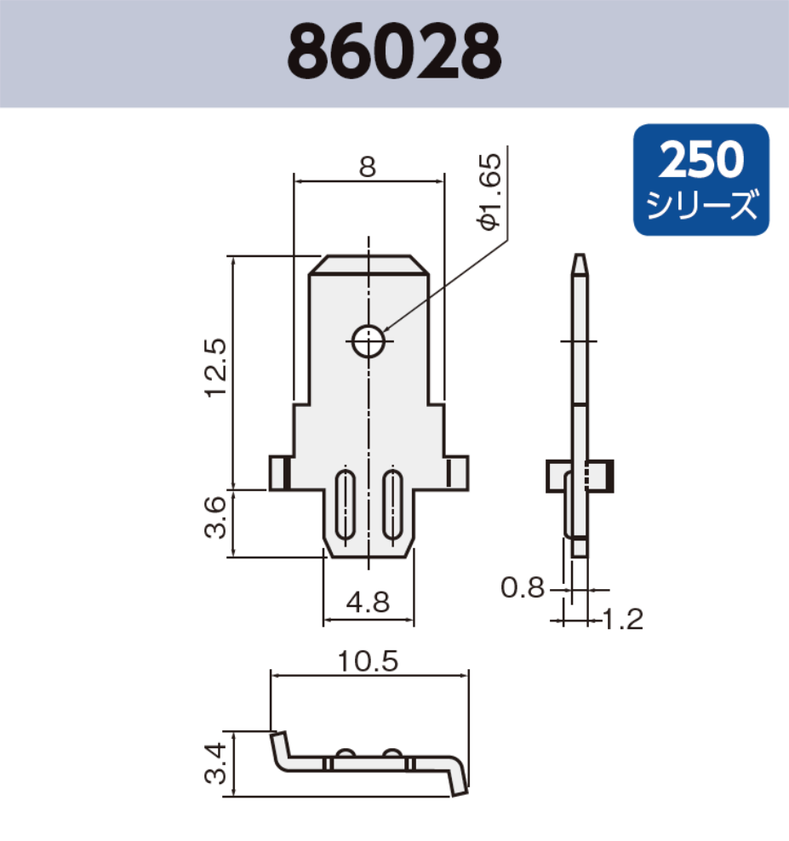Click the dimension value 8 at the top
(x=367, y=167)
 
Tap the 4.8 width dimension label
(x=368, y=603)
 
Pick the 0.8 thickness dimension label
(x=522, y=587)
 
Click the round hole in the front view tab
(x=369, y=341)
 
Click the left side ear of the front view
(x=280, y=473)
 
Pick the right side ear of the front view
(x=457, y=473)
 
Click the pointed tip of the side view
(x=580, y=261)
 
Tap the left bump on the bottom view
(x=346, y=753)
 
